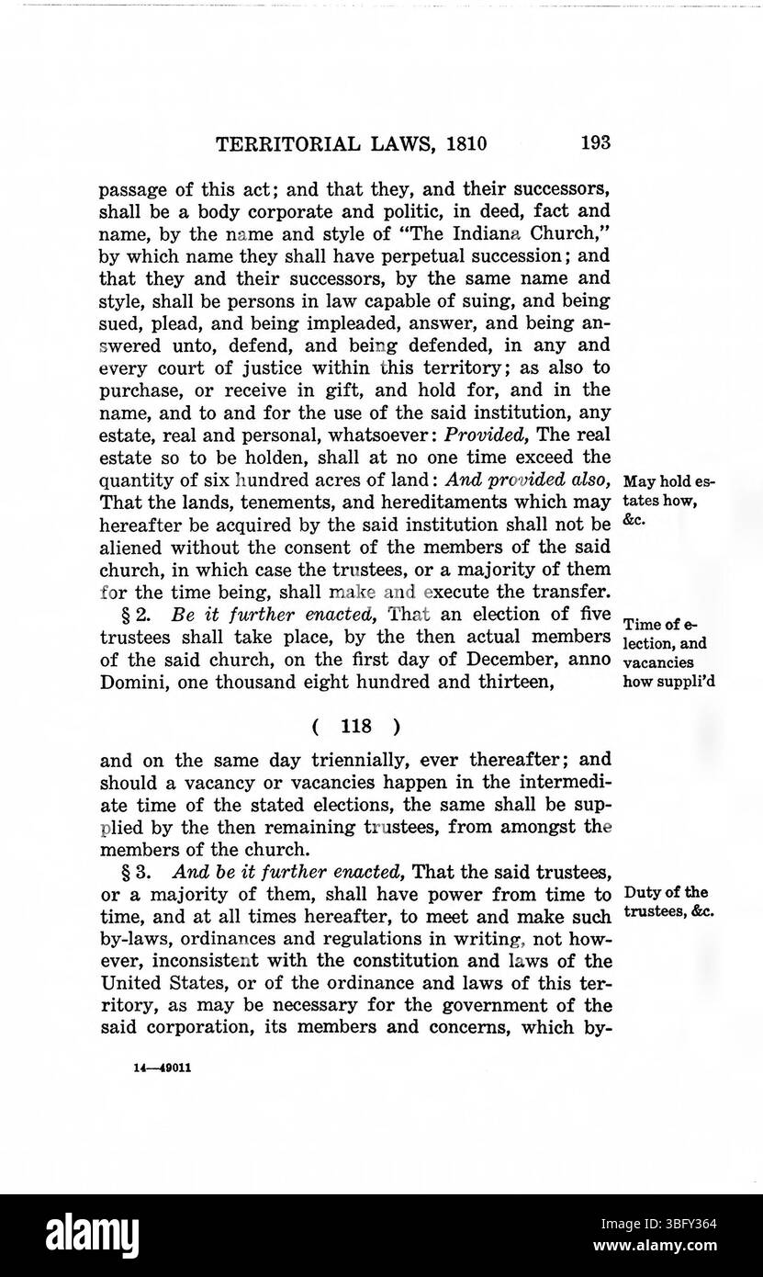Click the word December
click(504, 662)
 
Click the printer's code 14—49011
click(163, 1069)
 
